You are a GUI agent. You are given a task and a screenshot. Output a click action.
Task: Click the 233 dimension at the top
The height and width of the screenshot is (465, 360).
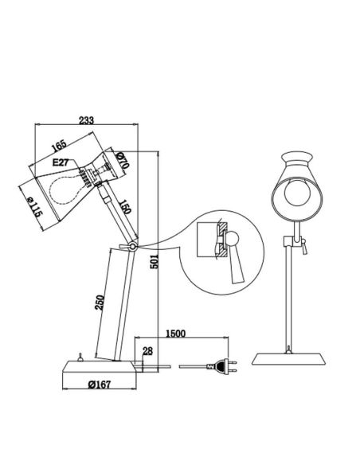point(87,120)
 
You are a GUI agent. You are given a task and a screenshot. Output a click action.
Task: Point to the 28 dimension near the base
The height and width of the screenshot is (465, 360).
point(147,351)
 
